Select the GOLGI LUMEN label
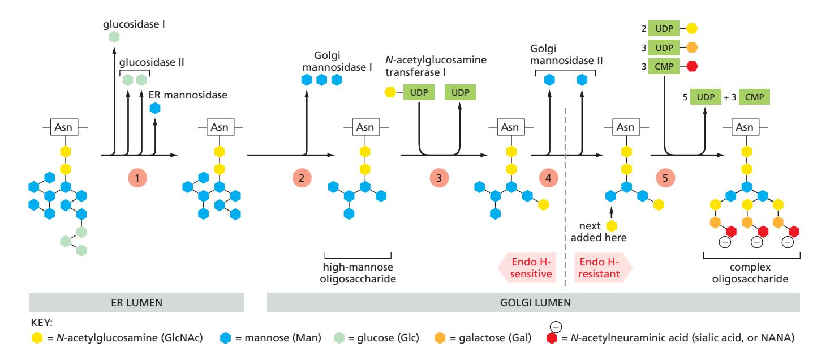point(534,303)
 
